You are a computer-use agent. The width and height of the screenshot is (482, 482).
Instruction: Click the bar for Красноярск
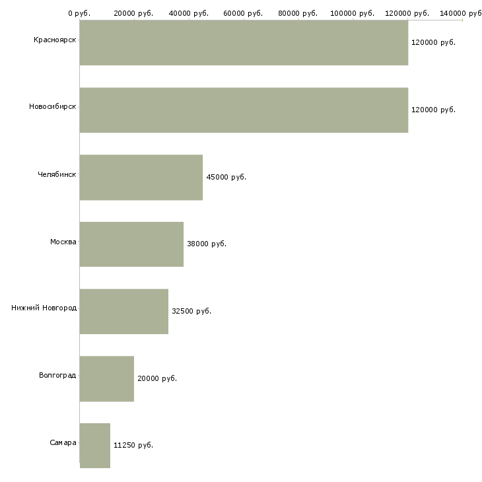[244, 42]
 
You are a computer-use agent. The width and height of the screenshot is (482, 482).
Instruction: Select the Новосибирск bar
[244, 110]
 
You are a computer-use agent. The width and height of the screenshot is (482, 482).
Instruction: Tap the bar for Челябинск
[141, 178]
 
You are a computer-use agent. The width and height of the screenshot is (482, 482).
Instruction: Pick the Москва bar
[131, 244]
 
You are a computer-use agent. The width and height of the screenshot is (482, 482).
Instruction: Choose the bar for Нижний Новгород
[124, 312]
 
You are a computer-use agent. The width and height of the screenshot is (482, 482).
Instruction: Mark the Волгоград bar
[107, 379]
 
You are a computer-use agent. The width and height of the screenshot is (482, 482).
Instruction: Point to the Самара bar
[95, 446]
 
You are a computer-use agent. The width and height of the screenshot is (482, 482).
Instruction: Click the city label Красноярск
[55, 40]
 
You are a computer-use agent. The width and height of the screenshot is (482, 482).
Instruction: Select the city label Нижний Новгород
[44, 308]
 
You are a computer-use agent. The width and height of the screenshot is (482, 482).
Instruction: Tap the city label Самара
[63, 442]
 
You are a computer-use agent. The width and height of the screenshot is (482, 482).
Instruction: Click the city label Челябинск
[57, 174]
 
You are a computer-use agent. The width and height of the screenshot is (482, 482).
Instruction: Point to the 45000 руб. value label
[226, 177]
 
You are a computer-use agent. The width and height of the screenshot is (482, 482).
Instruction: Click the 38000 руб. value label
[207, 244]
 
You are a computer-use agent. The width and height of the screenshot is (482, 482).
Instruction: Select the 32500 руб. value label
[191, 311]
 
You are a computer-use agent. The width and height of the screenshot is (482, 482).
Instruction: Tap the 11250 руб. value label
[133, 445]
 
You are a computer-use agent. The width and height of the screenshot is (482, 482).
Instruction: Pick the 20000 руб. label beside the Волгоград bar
[157, 378]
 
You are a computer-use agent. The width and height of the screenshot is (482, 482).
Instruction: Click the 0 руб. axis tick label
[79, 13]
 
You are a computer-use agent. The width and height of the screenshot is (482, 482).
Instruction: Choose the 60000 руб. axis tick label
[243, 13]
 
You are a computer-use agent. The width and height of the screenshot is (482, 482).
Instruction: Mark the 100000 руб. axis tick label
[353, 13]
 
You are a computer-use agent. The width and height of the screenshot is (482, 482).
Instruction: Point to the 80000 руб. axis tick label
[298, 13]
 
